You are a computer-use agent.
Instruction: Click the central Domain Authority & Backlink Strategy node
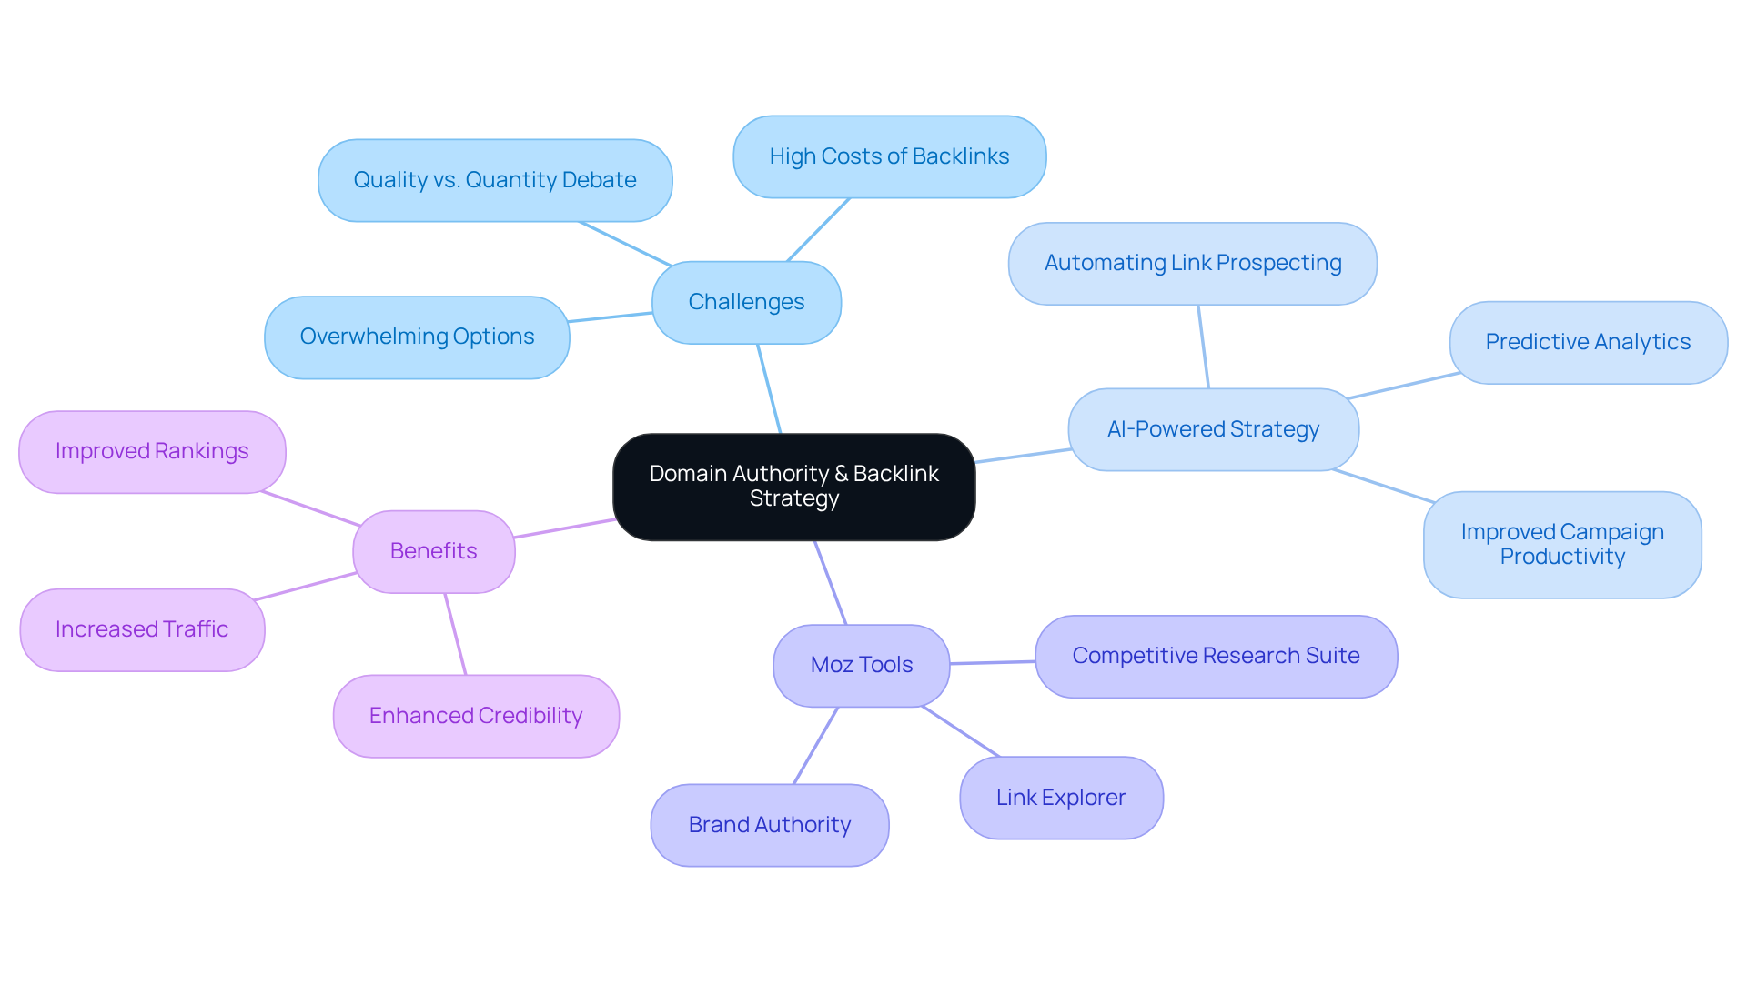click(793, 487)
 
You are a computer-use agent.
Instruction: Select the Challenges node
click(746, 302)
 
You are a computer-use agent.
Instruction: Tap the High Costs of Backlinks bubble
click(889, 156)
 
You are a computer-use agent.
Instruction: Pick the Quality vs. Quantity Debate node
click(494, 180)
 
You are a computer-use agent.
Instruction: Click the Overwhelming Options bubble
click(417, 337)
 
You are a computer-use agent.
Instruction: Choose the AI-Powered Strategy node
click(1213, 429)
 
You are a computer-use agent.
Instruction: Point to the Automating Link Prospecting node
click(1192, 263)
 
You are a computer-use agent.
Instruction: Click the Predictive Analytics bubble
click(1588, 342)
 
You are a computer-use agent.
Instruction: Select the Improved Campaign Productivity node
click(1562, 544)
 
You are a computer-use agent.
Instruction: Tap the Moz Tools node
click(861, 665)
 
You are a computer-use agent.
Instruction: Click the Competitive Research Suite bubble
click(1216, 656)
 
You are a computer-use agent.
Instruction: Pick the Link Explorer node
click(1061, 798)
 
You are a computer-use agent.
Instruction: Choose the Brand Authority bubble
click(769, 825)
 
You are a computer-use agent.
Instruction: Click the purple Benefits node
click(433, 551)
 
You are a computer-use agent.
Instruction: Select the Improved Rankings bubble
click(152, 451)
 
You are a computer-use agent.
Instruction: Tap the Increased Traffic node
click(142, 629)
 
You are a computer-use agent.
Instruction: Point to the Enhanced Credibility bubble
click(476, 716)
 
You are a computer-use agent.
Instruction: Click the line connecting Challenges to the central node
click(769, 388)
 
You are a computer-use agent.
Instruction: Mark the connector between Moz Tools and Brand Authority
click(815, 746)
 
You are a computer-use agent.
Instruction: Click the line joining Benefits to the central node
click(564, 528)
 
